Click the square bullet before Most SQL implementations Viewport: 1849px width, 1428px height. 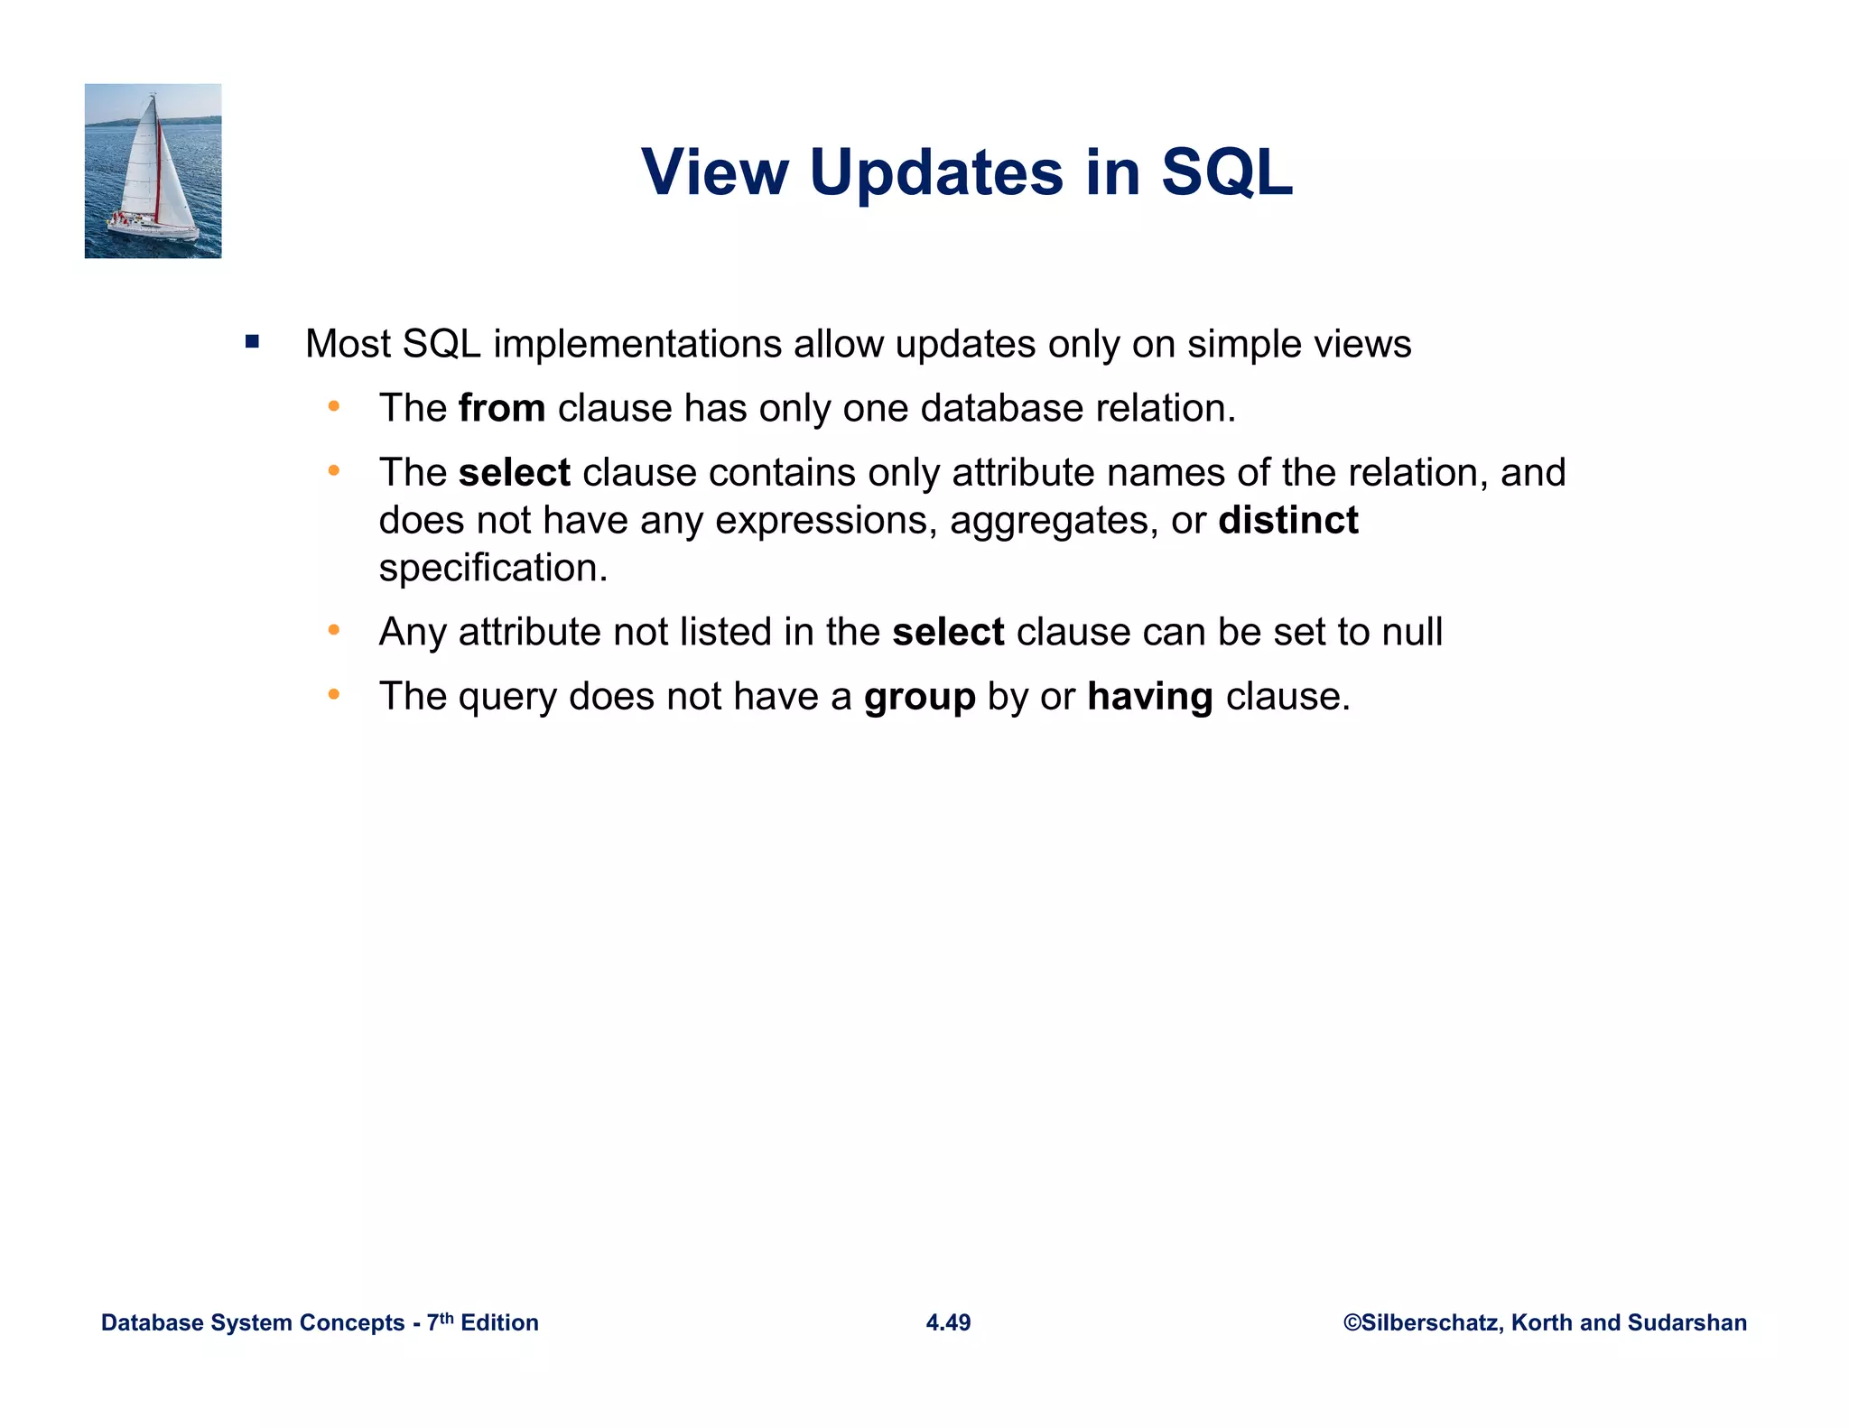coord(252,342)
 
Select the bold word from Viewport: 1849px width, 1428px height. coord(501,408)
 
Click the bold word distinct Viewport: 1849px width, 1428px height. coord(1287,521)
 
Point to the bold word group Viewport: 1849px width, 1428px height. coord(919,697)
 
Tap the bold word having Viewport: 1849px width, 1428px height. coord(1149,697)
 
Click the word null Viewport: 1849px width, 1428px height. coord(1412,632)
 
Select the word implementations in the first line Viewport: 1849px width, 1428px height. coord(637,344)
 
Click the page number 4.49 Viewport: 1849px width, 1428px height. coord(948,1322)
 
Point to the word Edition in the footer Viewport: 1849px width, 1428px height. coord(499,1322)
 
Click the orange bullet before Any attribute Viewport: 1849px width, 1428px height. coord(334,630)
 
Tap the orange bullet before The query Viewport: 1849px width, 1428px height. coord(334,694)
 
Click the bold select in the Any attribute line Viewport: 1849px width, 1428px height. coord(948,632)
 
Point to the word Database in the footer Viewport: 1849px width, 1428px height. coord(153,1322)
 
